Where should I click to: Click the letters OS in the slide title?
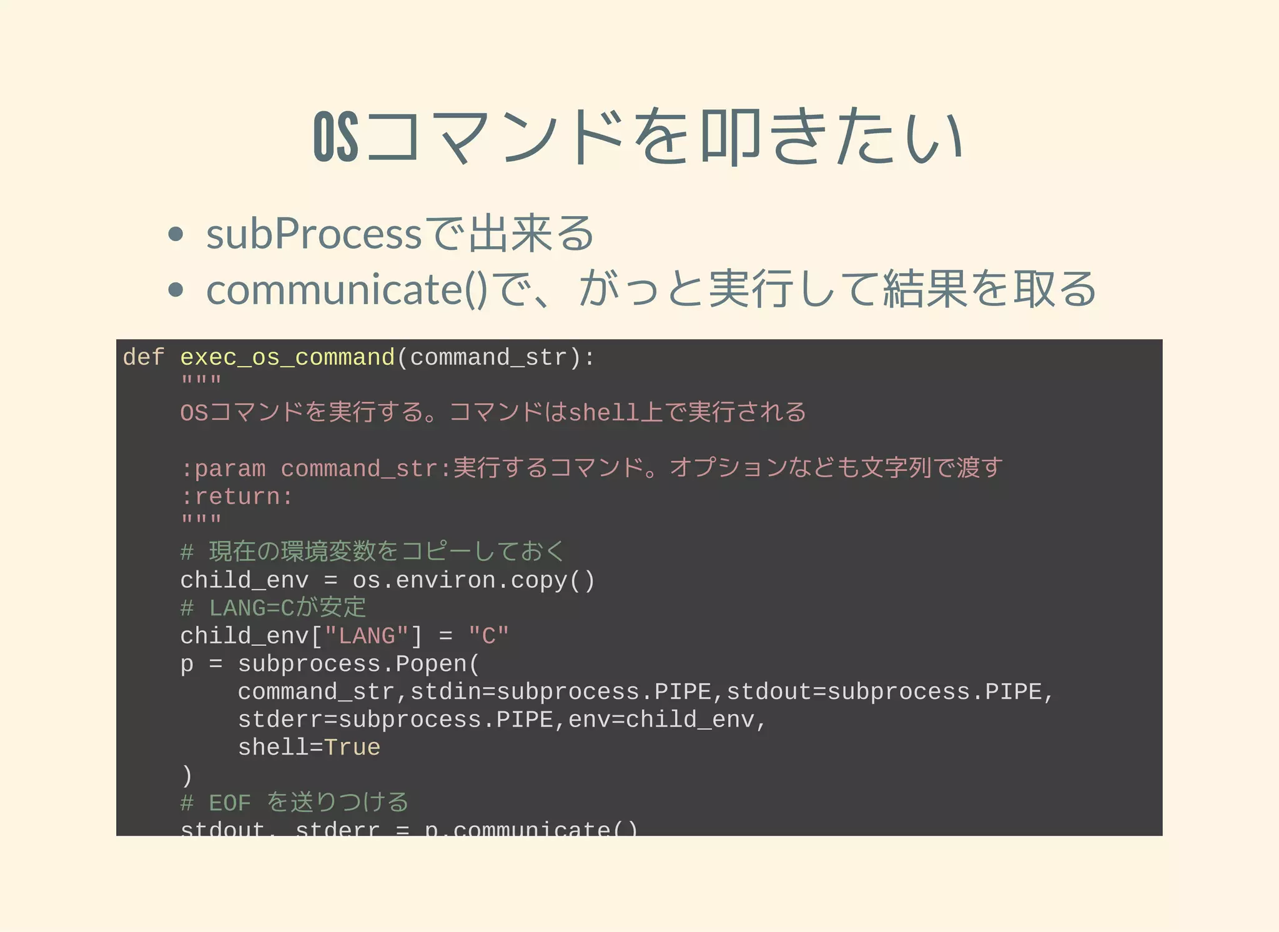tap(336, 137)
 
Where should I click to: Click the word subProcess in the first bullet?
tap(314, 235)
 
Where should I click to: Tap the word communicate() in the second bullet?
tap(347, 290)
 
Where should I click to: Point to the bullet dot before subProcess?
tap(176, 235)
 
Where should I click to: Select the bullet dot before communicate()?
tap(176, 290)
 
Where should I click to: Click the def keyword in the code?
tap(144, 358)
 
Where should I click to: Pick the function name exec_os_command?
tap(287, 358)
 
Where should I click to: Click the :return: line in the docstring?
tap(237, 497)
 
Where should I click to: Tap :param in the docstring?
tap(223, 469)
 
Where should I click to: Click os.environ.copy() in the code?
tap(473, 581)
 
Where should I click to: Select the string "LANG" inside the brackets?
tap(367, 637)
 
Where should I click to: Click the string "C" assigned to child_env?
tap(488, 637)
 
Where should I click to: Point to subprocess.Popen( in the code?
tap(358, 664)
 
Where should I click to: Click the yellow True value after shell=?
tap(352, 748)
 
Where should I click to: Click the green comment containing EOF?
tap(294, 803)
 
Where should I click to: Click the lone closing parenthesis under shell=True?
tap(187, 776)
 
